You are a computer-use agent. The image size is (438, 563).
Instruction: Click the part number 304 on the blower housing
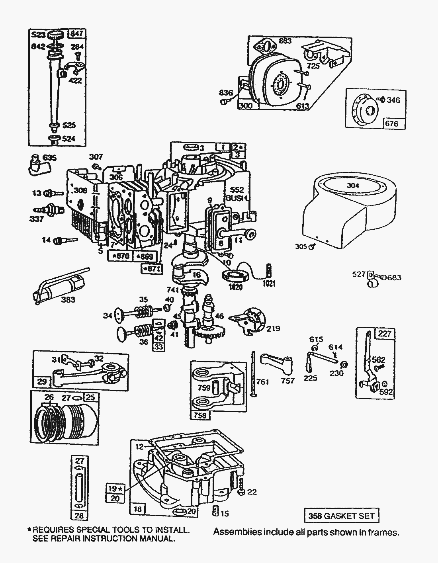353,185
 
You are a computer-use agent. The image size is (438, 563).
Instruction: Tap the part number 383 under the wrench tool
68,299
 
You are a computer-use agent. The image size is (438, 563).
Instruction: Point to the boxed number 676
391,123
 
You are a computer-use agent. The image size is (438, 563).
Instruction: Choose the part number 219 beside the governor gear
273,328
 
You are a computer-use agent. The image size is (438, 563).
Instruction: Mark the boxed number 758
200,415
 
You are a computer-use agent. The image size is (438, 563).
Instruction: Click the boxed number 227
385,334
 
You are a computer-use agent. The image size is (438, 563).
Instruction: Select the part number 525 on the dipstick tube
69,125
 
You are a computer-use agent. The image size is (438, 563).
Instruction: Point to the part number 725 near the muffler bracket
313,66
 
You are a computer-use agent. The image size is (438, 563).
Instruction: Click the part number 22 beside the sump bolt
252,492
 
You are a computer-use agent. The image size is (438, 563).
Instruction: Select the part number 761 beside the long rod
262,381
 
